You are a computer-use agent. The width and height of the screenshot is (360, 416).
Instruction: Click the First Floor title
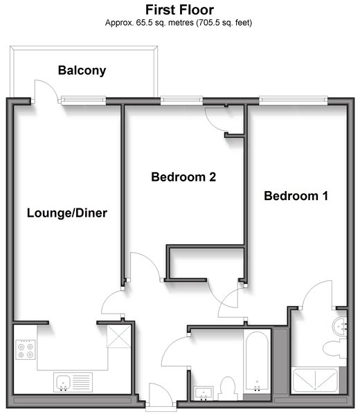pyautogui.click(x=179, y=10)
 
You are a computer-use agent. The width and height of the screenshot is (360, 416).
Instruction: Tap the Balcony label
pyautogui.click(x=82, y=71)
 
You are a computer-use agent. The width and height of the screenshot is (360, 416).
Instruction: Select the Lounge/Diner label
pyautogui.click(x=67, y=213)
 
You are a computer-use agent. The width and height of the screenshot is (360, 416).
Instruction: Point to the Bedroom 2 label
pyautogui.click(x=183, y=177)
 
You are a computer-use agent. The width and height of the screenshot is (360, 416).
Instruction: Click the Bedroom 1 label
pyautogui.click(x=296, y=196)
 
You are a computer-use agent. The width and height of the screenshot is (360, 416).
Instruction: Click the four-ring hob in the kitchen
pyautogui.click(x=26, y=350)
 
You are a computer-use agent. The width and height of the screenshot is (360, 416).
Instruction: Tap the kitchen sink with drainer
pyautogui.click(x=73, y=382)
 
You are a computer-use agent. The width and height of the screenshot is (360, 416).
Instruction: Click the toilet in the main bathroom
pyautogui.click(x=228, y=388)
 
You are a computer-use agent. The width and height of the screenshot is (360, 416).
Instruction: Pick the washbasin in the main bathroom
pyautogui.click(x=204, y=393)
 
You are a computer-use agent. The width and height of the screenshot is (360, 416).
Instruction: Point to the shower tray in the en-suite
pyautogui.click(x=315, y=380)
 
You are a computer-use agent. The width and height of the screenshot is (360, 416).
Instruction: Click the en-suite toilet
pyautogui.click(x=334, y=348)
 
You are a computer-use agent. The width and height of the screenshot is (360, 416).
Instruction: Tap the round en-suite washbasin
pyautogui.click(x=339, y=327)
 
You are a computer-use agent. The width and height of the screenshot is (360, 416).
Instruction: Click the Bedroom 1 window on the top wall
pyautogui.click(x=293, y=100)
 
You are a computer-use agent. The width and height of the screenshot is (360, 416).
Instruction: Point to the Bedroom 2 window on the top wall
pyautogui.click(x=181, y=100)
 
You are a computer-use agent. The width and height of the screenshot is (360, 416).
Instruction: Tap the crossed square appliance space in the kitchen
pyautogui.click(x=119, y=336)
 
